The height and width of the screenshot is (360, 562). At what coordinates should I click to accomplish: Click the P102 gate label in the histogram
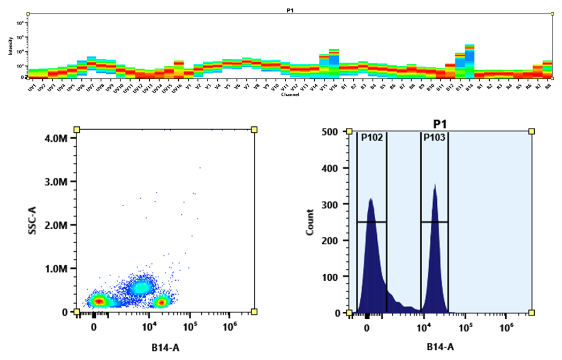[x=371, y=137]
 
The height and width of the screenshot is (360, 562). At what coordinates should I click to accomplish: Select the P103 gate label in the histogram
[x=434, y=137]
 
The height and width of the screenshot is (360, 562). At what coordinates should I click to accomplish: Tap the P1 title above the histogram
[x=439, y=124]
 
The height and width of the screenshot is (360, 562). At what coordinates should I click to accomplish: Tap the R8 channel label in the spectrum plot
[x=548, y=86]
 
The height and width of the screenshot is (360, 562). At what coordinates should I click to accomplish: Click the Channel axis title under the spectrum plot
[x=289, y=95]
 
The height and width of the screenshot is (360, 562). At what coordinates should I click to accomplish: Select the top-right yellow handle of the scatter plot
[x=254, y=130]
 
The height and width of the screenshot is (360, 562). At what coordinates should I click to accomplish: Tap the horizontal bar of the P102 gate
[x=371, y=222]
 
